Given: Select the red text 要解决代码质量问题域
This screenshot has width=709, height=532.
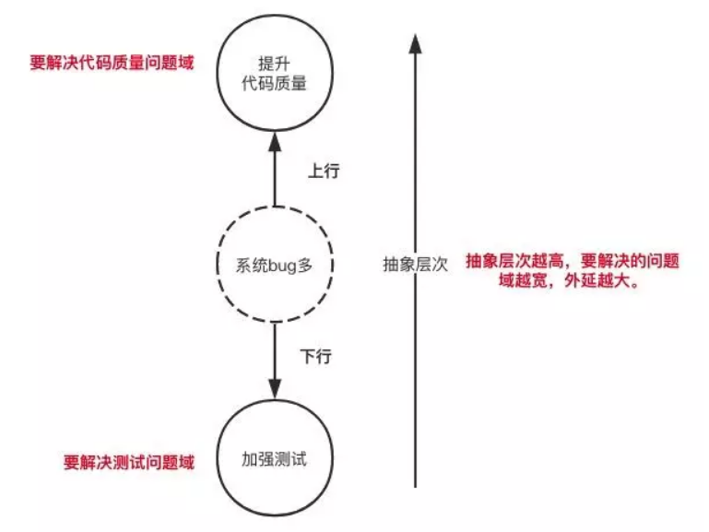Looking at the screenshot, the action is [x=112, y=65].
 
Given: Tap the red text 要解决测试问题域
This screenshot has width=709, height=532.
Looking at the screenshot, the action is [x=129, y=462].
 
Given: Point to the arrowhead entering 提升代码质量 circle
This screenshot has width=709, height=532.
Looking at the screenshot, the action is [x=274, y=141].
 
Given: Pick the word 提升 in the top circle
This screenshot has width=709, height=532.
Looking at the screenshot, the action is [x=273, y=63].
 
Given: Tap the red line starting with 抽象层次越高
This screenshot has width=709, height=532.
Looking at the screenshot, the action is [x=573, y=261].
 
